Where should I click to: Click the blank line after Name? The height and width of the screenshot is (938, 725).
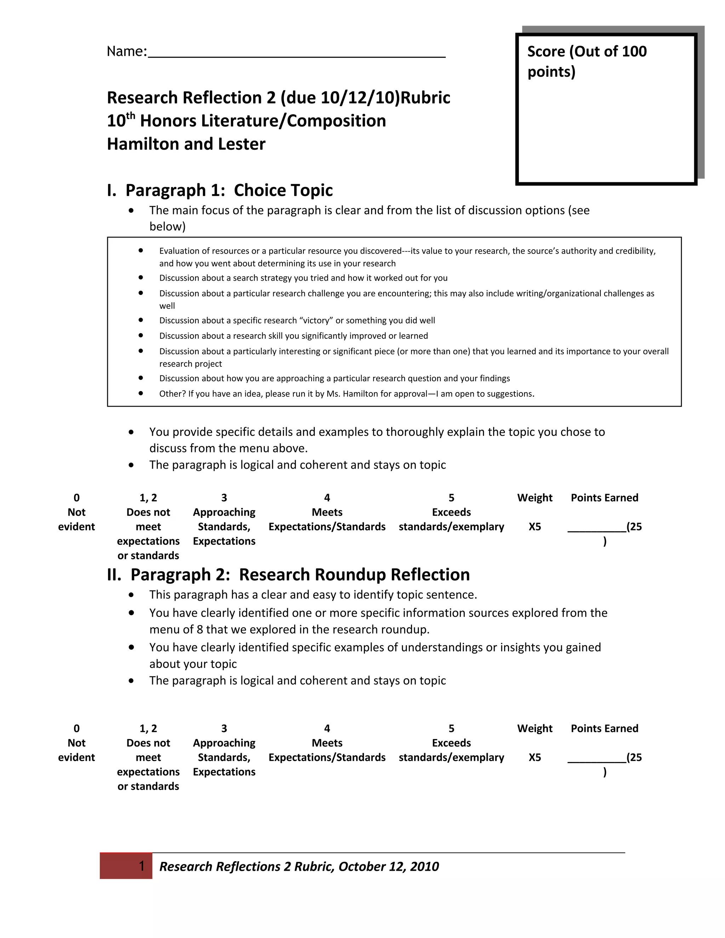296,55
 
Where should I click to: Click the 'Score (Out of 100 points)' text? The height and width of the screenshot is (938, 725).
586,61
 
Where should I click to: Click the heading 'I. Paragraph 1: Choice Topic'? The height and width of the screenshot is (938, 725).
219,190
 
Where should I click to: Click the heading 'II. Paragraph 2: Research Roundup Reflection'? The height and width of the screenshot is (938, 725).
288,574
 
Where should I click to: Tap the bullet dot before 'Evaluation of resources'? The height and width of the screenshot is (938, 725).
141,250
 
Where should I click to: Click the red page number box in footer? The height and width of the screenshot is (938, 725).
126,866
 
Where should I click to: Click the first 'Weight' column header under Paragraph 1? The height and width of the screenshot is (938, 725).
535,498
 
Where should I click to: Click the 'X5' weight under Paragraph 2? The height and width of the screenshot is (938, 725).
535,757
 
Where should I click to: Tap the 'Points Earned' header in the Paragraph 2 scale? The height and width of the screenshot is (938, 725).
604,729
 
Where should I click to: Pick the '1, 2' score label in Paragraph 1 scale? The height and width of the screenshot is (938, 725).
148,498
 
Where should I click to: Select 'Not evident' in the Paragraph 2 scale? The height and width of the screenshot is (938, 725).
76,750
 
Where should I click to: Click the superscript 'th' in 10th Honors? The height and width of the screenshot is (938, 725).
131,116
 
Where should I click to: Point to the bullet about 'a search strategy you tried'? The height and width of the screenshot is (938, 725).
303,278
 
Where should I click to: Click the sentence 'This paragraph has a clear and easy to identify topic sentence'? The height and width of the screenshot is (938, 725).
313,595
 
